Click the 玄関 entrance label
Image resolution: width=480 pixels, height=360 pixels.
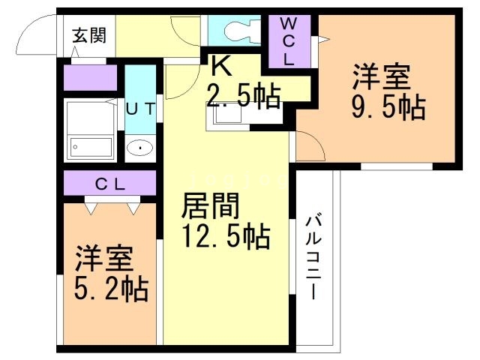point(89,34)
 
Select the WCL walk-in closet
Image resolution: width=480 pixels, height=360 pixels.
point(289,43)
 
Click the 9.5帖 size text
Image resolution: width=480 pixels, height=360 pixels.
point(388,107)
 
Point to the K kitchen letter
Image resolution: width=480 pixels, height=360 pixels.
point(219,67)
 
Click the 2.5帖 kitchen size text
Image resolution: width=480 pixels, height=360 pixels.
point(243,96)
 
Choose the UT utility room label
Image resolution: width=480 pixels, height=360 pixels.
point(140,108)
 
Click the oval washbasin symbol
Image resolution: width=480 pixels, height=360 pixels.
point(139,148)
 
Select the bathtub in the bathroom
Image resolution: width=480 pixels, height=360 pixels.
point(90,145)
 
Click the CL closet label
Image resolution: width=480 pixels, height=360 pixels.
point(109,183)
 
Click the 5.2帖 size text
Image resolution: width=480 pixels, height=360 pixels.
point(112,287)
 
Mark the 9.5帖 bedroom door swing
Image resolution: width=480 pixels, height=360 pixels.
point(309,146)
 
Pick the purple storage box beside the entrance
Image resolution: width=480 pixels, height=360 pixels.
point(91,78)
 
